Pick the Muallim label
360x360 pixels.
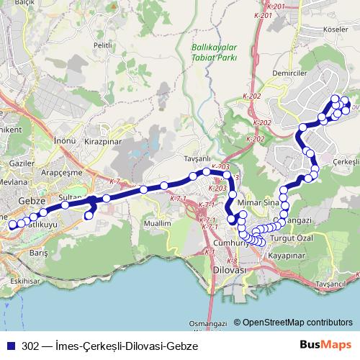[156, 223]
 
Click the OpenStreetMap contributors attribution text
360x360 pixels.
[297, 323]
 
